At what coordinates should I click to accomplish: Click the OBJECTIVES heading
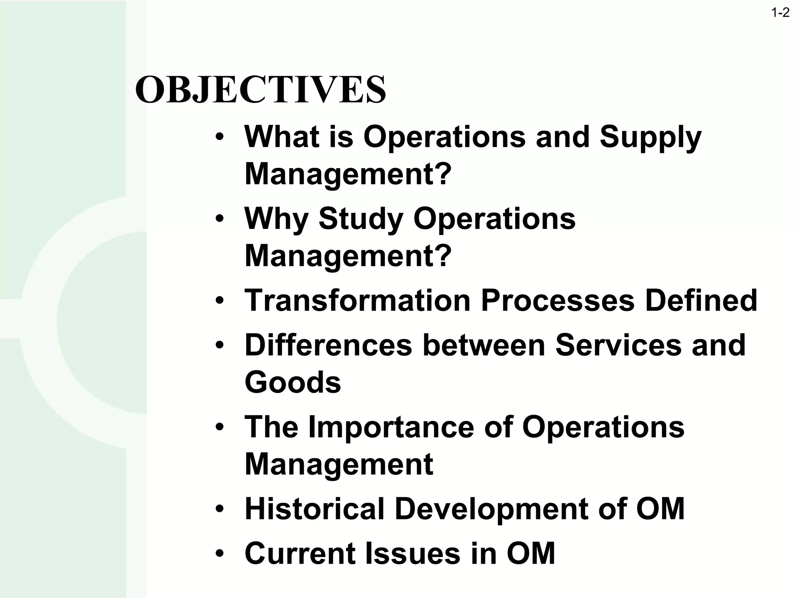click(260, 90)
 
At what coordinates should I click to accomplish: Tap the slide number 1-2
click(780, 13)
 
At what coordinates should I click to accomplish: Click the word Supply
click(650, 138)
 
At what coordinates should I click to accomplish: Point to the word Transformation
click(357, 301)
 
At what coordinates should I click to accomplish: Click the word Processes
click(558, 301)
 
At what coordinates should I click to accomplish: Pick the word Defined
click(701, 301)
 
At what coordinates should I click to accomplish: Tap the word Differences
click(328, 345)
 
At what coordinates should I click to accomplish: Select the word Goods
click(293, 382)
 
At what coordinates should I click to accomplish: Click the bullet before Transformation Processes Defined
click(220, 301)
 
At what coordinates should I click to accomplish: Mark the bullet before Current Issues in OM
click(220, 554)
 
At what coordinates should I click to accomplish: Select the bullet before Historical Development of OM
click(220, 509)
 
